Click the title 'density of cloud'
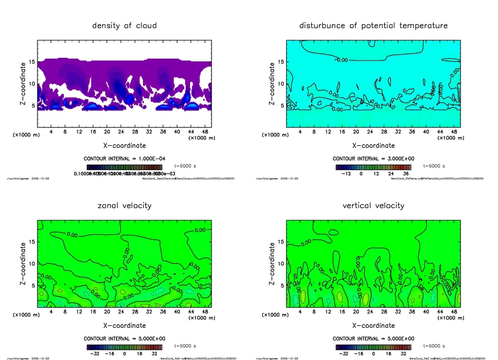(x=124, y=25)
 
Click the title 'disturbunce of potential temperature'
(x=373, y=25)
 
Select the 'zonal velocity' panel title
(x=124, y=205)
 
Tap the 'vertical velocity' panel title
(x=373, y=205)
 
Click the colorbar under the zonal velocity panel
(x=124, y=347)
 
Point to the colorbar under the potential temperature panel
(x=373, y=167)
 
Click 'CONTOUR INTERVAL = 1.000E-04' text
(x=124, y=159)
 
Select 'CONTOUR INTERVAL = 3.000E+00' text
(x=373, y=159)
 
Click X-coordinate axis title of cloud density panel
(x=124, y=145)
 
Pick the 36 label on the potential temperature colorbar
(x=406, y=173)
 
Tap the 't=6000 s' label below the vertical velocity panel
(x=433, y=346)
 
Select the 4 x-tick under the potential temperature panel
(x=300, y=131)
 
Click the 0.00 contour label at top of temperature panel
(x=342, y=60)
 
